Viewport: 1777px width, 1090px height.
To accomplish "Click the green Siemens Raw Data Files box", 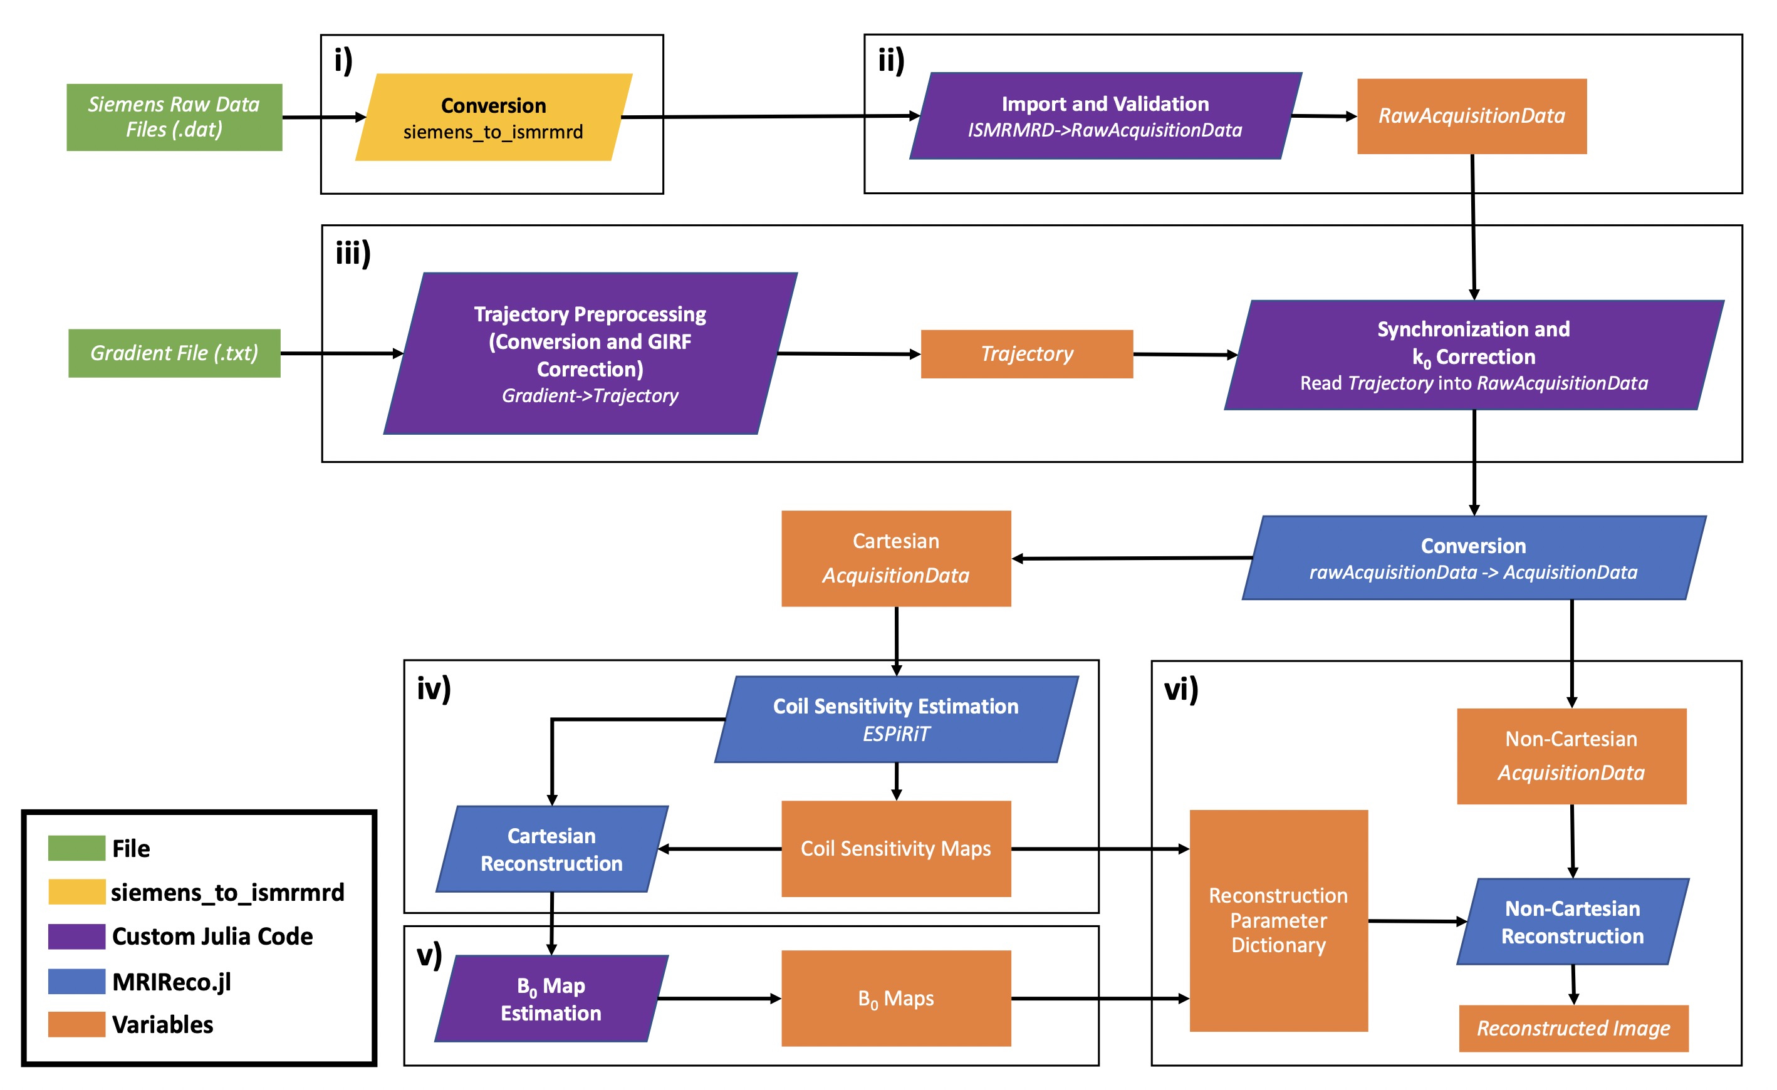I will click(174, 117).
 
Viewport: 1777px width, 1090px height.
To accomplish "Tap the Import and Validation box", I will click(1105, 116).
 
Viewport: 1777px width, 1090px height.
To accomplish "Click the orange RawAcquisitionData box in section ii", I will click(1471, 116).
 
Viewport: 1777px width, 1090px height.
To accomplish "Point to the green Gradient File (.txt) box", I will click(174, 353).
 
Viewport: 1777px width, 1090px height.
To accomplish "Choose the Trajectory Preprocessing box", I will click(590, 353).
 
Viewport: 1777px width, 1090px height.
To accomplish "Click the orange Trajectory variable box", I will click(1026, 354).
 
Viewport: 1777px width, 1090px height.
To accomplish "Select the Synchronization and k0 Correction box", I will click(1473, 355).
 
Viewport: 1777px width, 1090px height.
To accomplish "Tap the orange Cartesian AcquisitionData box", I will click(896, 559).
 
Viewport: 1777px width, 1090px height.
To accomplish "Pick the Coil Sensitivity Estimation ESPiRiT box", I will click(896, 719).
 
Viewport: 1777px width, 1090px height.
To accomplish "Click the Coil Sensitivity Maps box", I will click(896, 848).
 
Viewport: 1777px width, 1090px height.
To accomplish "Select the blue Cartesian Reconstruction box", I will click(551, 849).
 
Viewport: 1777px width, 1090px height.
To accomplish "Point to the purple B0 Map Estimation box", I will click(551, 999).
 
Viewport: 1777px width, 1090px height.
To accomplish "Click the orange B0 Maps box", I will click(896, 999).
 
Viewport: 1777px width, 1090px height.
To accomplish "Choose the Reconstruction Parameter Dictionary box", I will click(1278, 921).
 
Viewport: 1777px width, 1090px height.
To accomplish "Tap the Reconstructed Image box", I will click(1573, 1028).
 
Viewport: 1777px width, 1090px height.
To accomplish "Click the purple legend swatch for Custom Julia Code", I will click(76, 937).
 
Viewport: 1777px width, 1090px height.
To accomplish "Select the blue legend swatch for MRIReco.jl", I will click(76, 981).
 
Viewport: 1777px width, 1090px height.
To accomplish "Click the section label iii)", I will click(353, 253).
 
